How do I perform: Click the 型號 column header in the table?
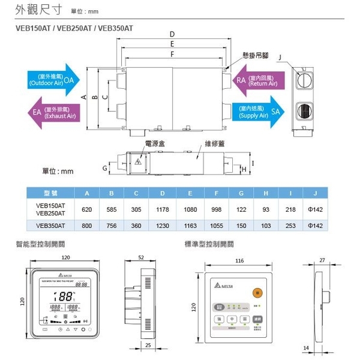click(x=50, y=193)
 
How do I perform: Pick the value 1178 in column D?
click(x=163, y=209)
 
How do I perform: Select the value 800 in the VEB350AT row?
click(x=88, y=226)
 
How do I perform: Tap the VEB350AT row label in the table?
click(x=50, y=226)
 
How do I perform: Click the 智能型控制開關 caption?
click(x=40, y=244)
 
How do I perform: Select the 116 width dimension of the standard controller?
click(x=239, y=261)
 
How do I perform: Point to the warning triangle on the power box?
click(x=140, y=162)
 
